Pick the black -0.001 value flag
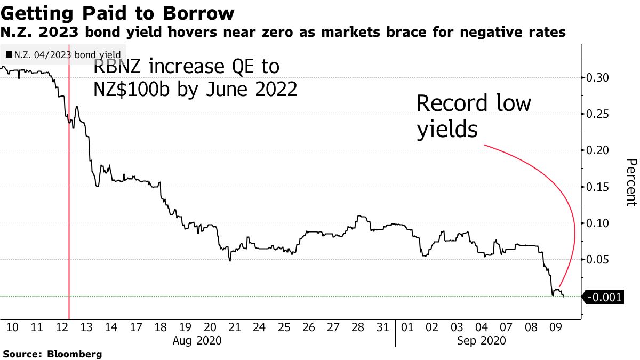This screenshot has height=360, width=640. tap(604, 297)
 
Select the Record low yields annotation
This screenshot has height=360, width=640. tap(474, 116)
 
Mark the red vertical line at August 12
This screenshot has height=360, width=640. tap(69, 213)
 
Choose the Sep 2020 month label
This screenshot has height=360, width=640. tap(482, 340)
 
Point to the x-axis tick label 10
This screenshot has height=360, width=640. tap(13, 326)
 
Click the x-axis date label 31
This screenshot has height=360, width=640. tap(382, 326)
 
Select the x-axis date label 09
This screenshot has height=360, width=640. tap(555, 326)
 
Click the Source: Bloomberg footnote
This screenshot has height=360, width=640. tap(52, 354)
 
